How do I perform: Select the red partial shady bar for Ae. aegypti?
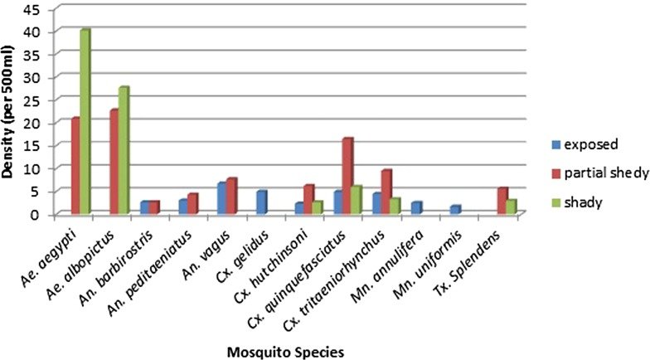tap(75, 166)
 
